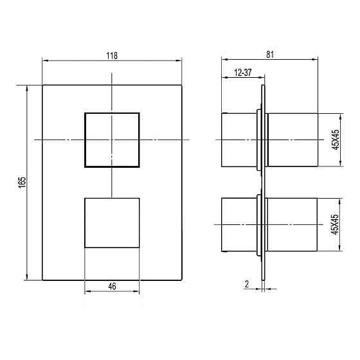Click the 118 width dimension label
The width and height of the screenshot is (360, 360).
(x=112, y=55)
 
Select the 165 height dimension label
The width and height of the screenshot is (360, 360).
(x=22, y=183)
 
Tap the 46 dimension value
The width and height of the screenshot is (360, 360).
(x=112, y=286)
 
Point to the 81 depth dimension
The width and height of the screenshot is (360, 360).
(x=270, y=55)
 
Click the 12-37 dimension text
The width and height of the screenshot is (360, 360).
(x=243, y=73)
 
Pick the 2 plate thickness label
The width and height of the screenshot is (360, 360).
(x=247, y=284)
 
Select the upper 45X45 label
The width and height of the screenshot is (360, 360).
(x=336, y=140)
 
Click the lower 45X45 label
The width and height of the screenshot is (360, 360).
(x=335, y=224)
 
